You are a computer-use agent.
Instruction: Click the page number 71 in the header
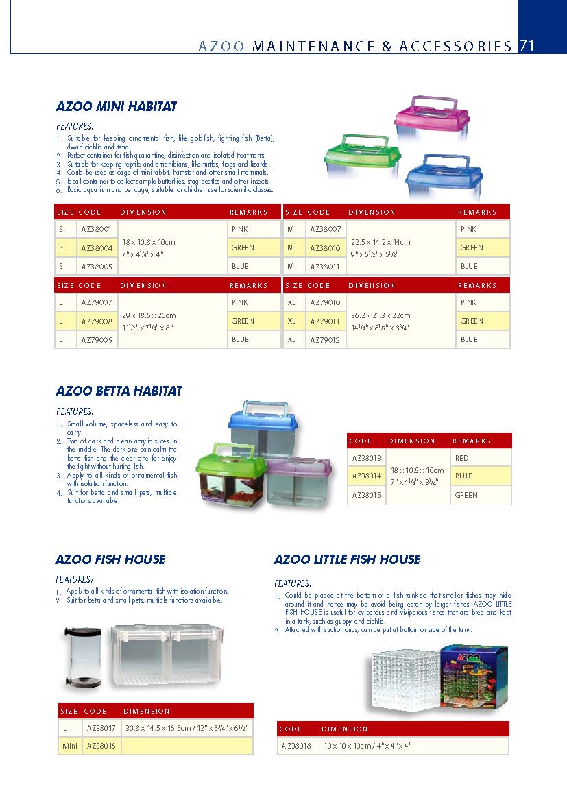527,46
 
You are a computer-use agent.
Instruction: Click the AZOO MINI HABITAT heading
116,106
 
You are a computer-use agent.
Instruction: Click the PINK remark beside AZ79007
240,302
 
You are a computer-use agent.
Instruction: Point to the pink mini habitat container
431,119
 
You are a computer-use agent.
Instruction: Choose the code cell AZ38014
367,476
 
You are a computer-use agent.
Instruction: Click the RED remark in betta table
462,458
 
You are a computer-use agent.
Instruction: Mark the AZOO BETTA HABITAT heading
119,391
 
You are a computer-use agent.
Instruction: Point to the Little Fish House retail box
472,678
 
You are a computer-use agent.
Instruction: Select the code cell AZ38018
296,746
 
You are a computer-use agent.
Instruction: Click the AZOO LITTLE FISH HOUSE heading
347,559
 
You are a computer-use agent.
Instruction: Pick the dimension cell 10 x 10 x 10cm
367,746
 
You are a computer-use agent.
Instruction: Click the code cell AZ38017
100,727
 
